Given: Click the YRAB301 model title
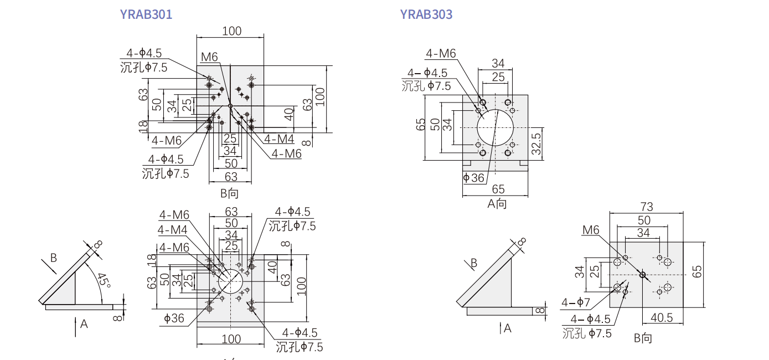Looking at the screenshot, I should (146, 14).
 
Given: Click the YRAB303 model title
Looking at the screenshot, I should (426, 14).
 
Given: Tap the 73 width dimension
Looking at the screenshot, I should (646, 207).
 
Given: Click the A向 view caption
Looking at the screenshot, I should (497, 203).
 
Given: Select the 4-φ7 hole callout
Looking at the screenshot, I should (576, 302).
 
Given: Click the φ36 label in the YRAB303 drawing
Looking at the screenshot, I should (473, 178).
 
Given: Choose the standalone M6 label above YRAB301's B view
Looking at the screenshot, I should (210, 57).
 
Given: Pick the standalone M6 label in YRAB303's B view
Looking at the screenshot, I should (591, 229).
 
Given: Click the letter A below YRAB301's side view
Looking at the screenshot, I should (84, 324).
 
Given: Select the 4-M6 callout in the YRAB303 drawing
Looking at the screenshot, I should (441, 53).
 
